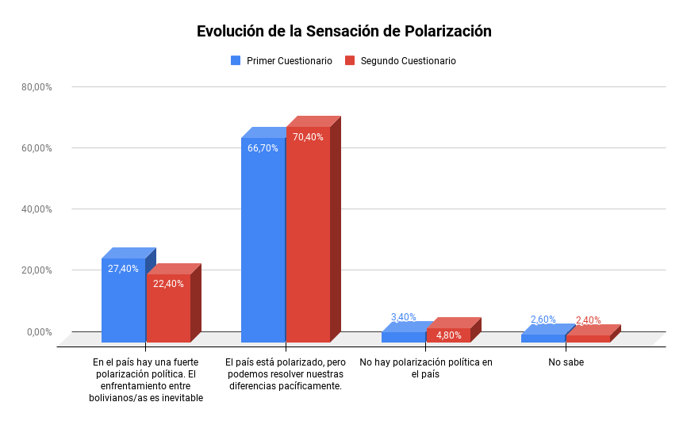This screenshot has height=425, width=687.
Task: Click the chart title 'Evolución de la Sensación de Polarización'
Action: pos(344,32)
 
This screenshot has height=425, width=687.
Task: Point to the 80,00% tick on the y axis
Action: pos(36,87)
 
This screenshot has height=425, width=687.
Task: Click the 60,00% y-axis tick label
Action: pos(36,148)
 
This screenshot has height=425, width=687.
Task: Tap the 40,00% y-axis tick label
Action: pos(36,209)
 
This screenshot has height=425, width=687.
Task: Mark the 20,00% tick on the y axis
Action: pos(36,270)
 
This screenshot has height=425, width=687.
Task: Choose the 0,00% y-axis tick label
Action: pos(38,331)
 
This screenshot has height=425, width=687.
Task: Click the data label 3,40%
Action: pos(403,317)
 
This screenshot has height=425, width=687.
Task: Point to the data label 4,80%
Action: pos(448,335)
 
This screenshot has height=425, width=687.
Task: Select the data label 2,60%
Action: pos(543,320)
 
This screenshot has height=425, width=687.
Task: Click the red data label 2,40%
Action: pos(588,321)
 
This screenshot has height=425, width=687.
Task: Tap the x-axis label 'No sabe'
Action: pos(566,363)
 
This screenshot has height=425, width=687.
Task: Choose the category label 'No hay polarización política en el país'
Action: pos(426,369)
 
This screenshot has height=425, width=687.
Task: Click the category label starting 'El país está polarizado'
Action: pos(286,374)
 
